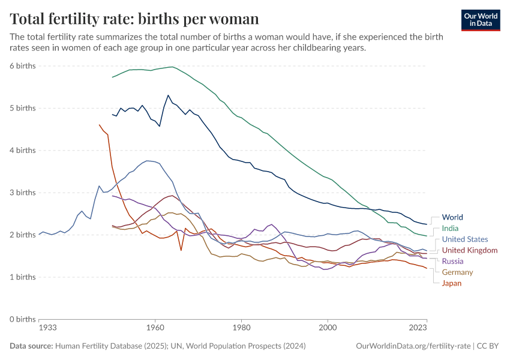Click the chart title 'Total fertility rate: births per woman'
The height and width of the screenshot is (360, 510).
tap(134, 19)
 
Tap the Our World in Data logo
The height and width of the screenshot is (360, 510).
tap(480, 20)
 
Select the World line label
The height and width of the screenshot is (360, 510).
tap(452, 217)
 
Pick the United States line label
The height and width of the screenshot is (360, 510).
tap(464, 239)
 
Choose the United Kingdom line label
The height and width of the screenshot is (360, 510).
tap(469, 250)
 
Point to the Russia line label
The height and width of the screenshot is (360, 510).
tap(453, 261)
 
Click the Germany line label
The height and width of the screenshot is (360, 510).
tap(457, 272)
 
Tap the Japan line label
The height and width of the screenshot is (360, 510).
tap(451, 283)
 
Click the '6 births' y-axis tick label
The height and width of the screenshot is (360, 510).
tap(22, 66)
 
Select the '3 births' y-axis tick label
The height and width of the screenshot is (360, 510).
tap(22, 193)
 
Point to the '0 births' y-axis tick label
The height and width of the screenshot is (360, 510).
tap(22, 319)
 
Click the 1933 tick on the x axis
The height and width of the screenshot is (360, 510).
tap(48, 328)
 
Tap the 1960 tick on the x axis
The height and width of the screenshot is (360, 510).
tap(155, 328)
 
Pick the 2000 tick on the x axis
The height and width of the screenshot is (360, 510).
tap(328, 328)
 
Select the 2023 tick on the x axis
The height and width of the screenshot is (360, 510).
tap(418, 328)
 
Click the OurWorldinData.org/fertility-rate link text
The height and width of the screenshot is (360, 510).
tap(413, 346)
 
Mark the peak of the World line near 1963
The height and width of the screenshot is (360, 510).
tap(168, 95)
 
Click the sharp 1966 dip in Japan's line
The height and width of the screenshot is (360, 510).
tap(181, 250)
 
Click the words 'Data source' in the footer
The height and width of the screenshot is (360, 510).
tap(31, 346)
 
